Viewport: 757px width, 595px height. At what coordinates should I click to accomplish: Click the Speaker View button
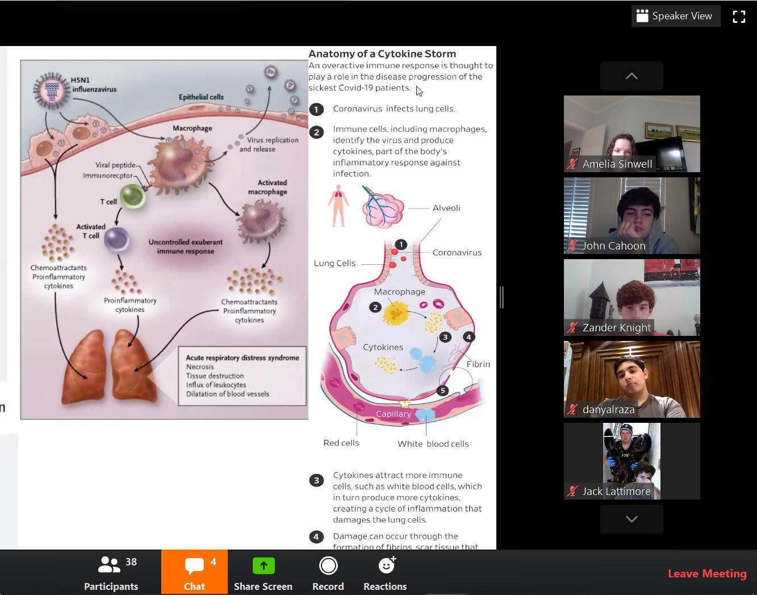675,16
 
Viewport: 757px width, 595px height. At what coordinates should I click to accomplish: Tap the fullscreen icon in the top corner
739,16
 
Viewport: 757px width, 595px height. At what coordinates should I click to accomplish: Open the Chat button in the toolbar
194,572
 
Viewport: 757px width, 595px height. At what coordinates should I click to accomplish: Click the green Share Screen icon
263,566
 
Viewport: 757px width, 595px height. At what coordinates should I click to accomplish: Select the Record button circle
328,566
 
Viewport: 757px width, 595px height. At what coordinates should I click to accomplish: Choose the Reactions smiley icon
386,566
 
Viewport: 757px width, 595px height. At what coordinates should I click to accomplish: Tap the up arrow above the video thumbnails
631,76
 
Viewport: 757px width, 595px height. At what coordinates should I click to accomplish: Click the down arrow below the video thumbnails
631,519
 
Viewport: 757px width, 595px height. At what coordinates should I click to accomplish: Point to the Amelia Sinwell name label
617,164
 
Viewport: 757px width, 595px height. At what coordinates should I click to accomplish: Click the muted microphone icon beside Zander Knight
572,328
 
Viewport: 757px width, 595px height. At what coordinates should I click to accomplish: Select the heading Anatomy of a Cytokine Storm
382,54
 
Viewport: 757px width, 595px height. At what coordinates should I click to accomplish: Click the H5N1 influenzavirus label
93,85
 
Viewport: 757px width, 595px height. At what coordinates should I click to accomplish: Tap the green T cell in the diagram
133,197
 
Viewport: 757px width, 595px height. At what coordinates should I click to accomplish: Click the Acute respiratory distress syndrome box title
242,357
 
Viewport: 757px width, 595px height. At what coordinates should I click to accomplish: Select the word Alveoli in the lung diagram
446,208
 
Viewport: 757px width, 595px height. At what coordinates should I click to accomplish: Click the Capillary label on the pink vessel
394,414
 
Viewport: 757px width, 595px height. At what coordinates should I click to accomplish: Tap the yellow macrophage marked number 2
396,312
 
